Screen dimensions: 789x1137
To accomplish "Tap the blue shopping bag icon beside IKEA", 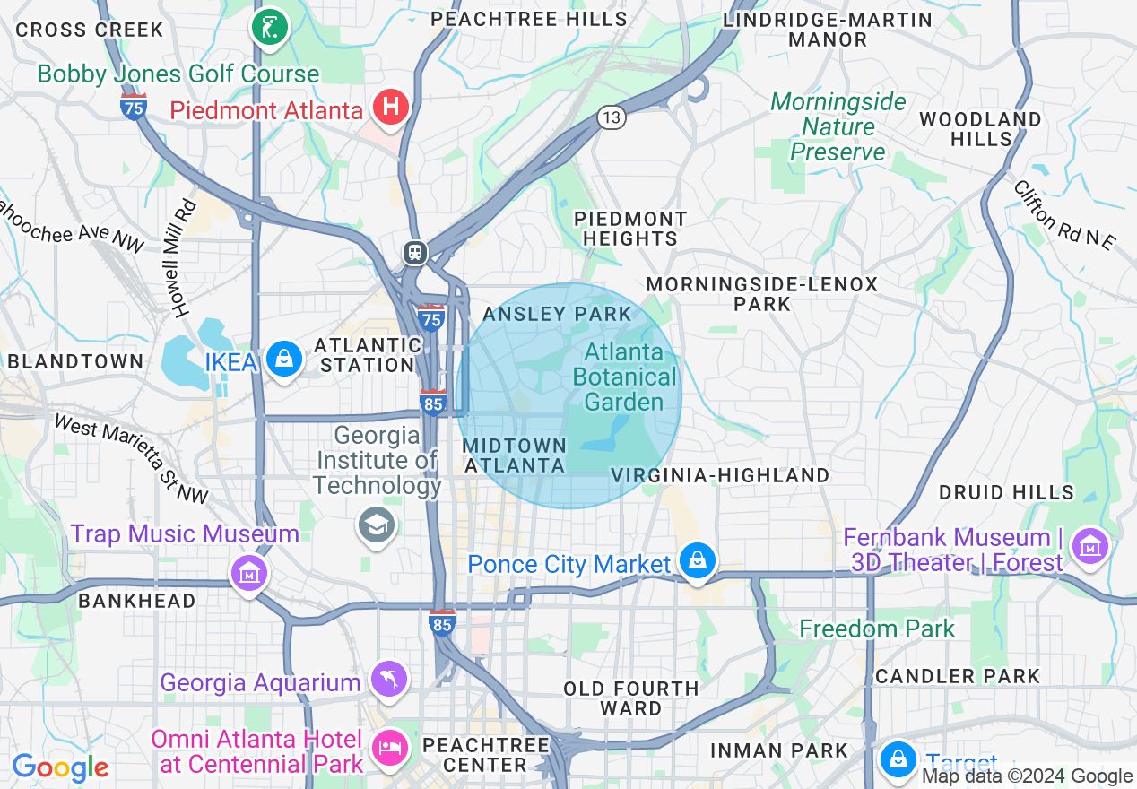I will point(284,360).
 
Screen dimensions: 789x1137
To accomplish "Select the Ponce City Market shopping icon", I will point(697,562).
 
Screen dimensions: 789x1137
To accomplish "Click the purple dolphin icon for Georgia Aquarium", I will point(390,680).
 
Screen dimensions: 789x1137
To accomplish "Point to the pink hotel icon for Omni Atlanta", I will point(390,748).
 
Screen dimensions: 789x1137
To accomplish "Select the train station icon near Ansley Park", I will point(414,252).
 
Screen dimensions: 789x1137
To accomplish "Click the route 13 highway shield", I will point(612,117).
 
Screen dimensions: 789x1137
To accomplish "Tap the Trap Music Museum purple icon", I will point(249,571).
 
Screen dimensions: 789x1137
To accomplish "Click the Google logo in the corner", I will point(60,767).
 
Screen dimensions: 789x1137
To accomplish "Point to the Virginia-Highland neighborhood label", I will point(720,475).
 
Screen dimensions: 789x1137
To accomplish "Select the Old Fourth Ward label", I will point(630,698).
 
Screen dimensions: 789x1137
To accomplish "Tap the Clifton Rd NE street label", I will point(1064,215).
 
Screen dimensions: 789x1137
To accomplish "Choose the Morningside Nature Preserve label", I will point(838,126).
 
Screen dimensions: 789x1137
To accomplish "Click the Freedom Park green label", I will point(877,629).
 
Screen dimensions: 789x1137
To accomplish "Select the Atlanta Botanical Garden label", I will point(624,377).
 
